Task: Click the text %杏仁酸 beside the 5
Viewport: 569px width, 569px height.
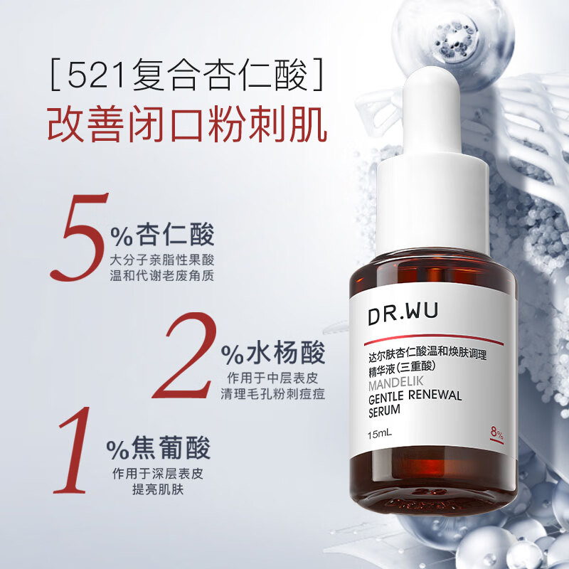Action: [162, 235]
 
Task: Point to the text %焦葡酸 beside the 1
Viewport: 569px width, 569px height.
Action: [159, 450]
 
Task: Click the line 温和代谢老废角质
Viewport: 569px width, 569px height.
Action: [162, 275]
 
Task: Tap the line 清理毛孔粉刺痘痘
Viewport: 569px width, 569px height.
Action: [272, 393]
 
